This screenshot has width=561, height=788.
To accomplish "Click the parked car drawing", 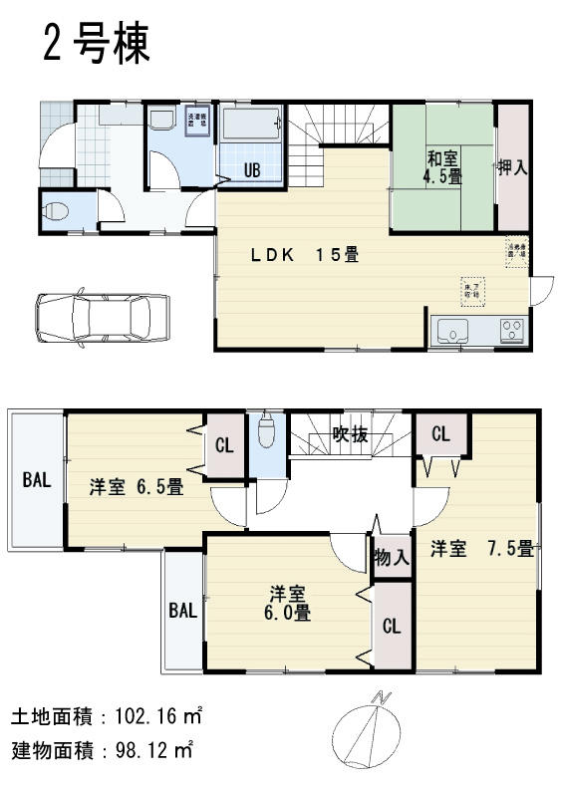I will [x=102, y=321].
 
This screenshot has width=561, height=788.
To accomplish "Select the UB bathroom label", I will [x=252, y=169].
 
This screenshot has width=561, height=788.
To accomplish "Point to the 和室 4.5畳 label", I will [x=443, y=166].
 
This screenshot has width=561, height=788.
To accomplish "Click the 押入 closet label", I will [x=512, y=166].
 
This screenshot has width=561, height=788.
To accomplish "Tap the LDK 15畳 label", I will [x=304, y=254].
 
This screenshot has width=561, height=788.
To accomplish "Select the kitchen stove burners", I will [x=512, y=329].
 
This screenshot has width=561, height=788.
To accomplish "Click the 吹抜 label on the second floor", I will [x=351, y=434].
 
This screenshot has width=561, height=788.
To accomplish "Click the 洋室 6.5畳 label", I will [x=136, y=487].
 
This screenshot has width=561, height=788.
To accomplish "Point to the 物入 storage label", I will [x=391, y=557].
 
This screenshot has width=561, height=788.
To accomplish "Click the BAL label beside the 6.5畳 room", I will [x=37, y=480].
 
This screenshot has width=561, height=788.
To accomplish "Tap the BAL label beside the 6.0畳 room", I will [x=182, y=610].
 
